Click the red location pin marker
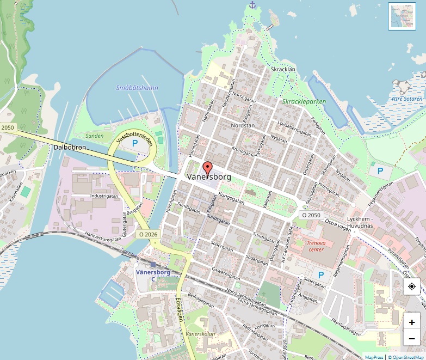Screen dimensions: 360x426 tap(207, 168)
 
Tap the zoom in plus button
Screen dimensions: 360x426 tap(412, 321)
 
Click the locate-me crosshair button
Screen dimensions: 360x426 tap(412, 286)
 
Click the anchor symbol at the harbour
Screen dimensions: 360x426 tap(252, 5)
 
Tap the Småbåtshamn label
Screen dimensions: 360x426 tap(137, 88)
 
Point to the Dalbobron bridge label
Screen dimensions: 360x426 tap(70, 147)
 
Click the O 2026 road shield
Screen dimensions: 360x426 tap(147, 234)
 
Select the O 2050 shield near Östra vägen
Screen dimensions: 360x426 tap(311, 215)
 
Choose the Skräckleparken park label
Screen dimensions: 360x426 tap(304, 101)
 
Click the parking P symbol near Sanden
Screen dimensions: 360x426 tap(134, 143)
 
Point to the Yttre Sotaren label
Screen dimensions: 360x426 tap(406, 99)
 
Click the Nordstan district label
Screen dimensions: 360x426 tap(243, 125)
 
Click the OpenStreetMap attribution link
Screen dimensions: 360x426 tap(406, 357)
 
